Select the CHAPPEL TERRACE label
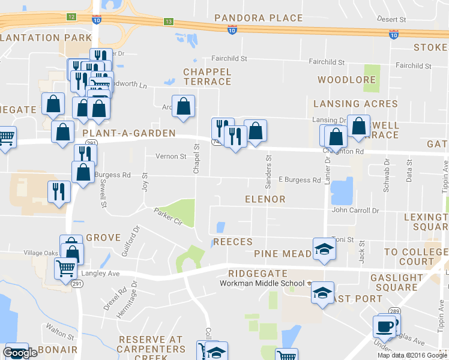click(x=207, y=77)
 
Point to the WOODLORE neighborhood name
click(x=346, y=80)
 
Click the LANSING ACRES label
click(x=355, y=104)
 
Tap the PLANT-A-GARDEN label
click(x=129, y=133)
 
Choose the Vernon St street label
click(x=171, y=157)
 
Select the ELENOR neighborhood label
click(x=265, y=199)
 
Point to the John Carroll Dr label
click(x=355, y=211)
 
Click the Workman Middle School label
click(x=262, y=283)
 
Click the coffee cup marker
click(x=384, y=327)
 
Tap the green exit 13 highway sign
click(x=169, y=22)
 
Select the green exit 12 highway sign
click(x=71, y=16)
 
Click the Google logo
click(x=20, y=353)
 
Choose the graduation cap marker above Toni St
click(x=323, y=248)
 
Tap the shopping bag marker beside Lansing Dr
click(x=359, y=126)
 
